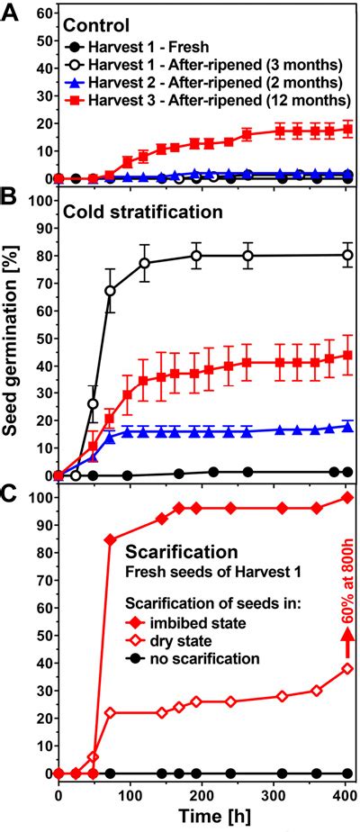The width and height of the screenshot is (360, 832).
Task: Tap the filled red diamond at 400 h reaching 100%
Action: pyautogui.click(x=347, y=498)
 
